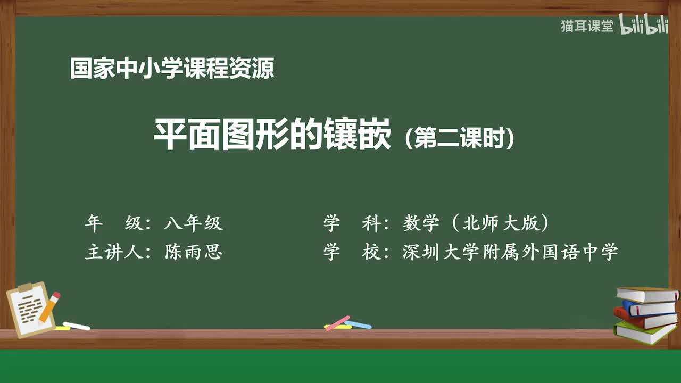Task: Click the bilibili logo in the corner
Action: click(643, 26)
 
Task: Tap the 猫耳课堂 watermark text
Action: click(587, 26)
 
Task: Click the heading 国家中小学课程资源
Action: click(172, 69)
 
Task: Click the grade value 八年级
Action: click(193, 223)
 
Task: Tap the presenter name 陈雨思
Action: click(193, 252)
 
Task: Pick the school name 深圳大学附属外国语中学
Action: click(510, 252)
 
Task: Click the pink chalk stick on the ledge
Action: click(337, 323)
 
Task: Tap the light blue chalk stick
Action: click(358, 324)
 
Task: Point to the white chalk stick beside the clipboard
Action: click(77, 326)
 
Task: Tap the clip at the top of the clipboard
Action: click(24, 288)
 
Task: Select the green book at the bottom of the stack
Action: click(644, 332)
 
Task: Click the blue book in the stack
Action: click(648, 308)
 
